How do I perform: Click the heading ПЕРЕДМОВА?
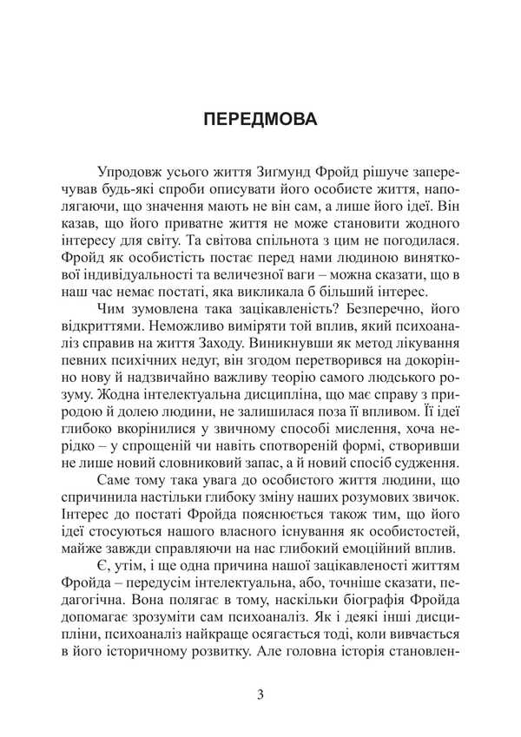pos(260,119)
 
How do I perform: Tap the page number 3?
pos(260,694)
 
